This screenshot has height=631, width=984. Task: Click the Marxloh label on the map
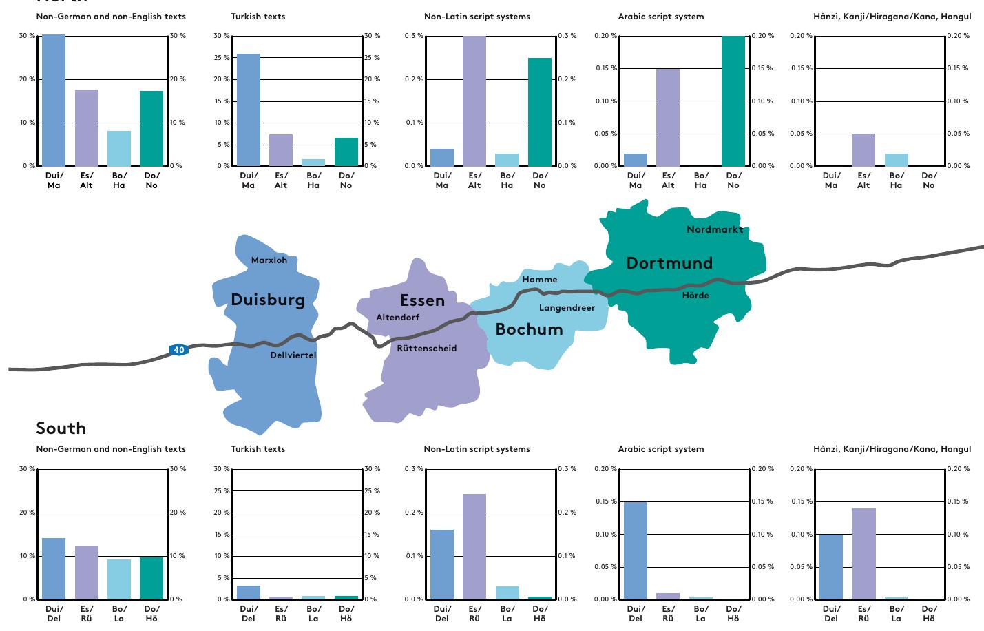click(269, 260)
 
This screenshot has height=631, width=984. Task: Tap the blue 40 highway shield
click(179, 350)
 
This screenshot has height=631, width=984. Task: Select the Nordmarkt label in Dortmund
click(715, 229)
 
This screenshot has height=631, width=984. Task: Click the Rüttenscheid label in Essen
click(426, 349)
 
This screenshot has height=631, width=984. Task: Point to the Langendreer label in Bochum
click(567, 308)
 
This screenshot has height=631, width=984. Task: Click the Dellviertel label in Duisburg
click(293, 355)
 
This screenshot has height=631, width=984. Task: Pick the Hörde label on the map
click(695, 296)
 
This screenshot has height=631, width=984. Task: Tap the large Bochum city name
click(529, 329)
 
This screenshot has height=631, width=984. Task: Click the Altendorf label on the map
click(397, 318)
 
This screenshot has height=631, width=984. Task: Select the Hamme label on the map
click(540, 280)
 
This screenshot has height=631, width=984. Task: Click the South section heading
click(61, 428)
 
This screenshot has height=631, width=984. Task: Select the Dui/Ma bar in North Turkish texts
click(249, 110)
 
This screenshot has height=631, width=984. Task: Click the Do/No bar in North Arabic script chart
click(733, 101)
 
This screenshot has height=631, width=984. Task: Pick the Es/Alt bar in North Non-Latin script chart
click(474, 101)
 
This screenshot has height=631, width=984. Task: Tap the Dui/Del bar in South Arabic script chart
click(636, 550)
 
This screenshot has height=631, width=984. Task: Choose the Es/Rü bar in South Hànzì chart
click(863, 554)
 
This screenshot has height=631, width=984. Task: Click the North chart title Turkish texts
click(258, 17)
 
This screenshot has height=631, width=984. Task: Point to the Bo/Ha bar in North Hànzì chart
click(897, 160)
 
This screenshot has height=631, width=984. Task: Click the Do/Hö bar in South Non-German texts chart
click(151, 578)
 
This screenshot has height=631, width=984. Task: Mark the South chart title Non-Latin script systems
click(477, 449)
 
